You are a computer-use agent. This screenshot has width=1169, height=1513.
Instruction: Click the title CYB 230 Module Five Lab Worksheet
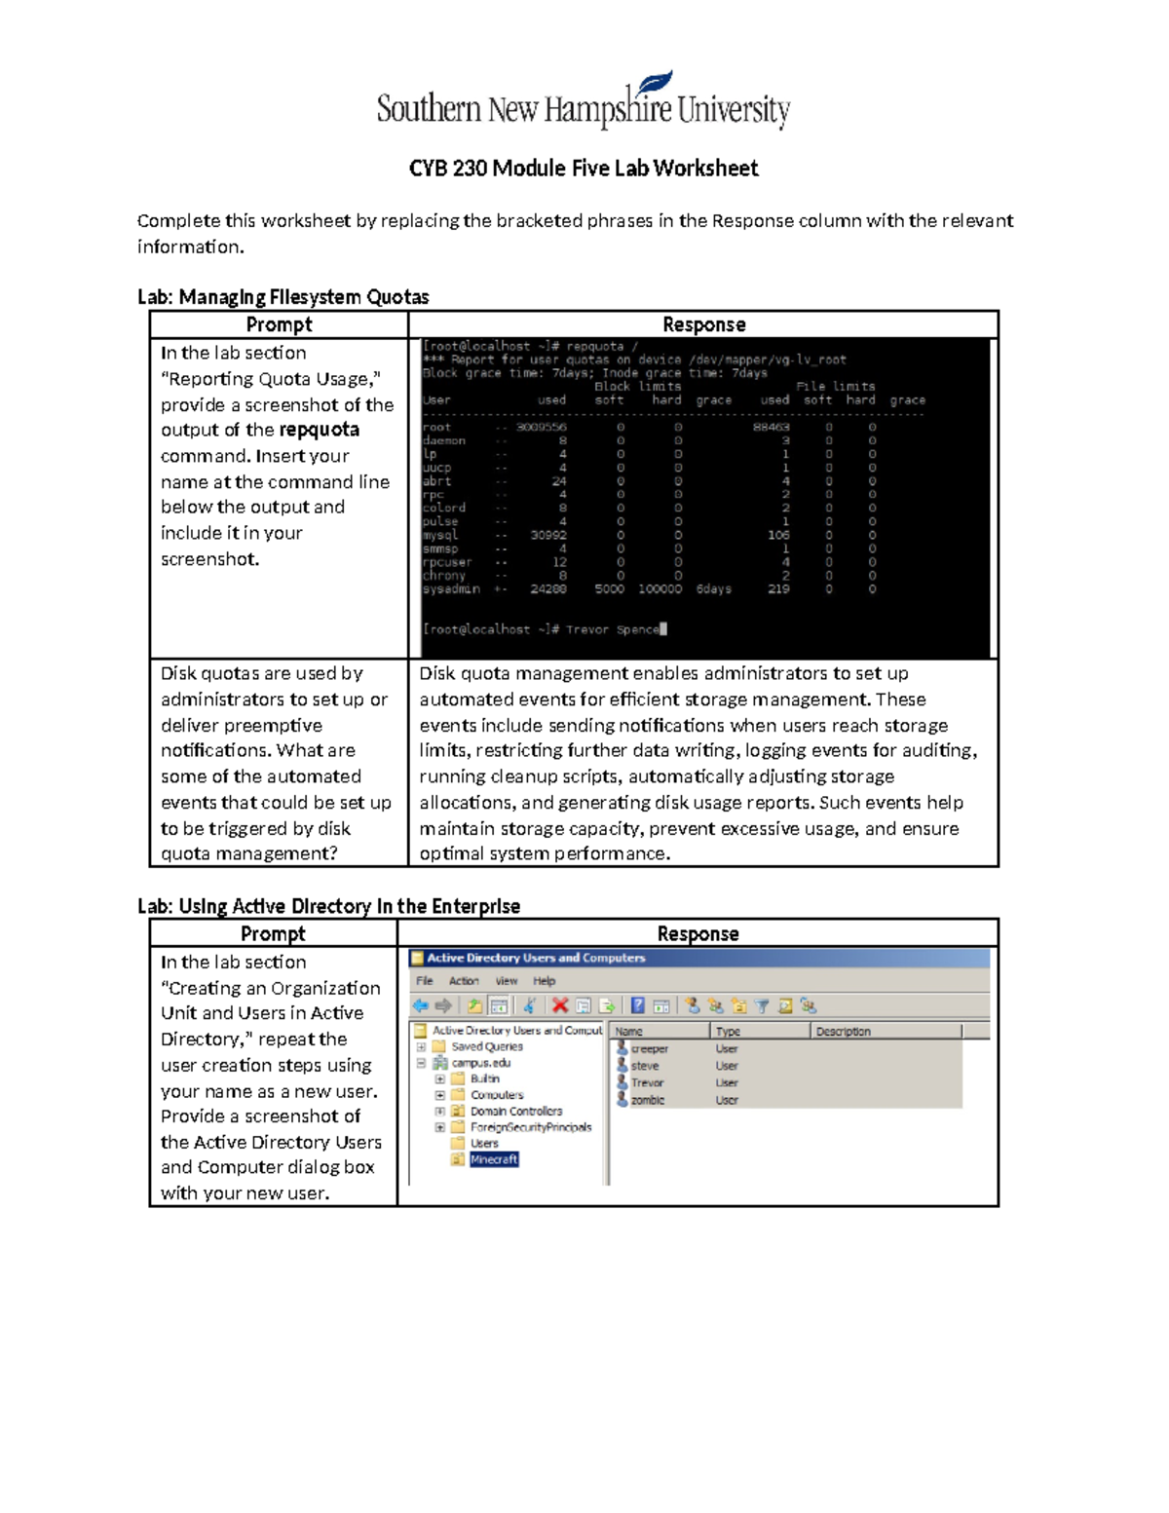tap(583, 169)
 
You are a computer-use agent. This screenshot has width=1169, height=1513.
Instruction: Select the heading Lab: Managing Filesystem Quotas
tap(283, 297)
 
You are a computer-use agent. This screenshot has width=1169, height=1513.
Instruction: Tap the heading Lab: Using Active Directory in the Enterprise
tap(328, 906)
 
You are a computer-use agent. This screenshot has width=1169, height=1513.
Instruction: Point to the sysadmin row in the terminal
tap(451, 589)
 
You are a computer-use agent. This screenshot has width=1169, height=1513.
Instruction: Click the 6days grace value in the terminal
tap(713, 589)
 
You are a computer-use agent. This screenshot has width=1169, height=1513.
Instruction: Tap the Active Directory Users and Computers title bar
tap(536, 958)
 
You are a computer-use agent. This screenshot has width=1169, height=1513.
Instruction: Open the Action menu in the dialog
tap(464, 981)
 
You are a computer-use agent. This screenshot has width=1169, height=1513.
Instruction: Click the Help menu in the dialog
tap(544, 981)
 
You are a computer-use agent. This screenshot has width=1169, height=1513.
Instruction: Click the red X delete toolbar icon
tap(560, 1005)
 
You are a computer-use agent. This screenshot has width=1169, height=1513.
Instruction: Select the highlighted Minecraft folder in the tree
tap(494, 1159)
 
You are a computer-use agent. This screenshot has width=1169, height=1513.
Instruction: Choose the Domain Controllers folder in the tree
tap(515, 1111)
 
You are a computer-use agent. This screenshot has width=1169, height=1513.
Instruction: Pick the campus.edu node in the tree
tap(480, 1063)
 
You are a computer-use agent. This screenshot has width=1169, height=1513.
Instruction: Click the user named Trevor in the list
tap(647, 1082)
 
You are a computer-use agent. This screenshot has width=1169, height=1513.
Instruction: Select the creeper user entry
tap(649, 1049)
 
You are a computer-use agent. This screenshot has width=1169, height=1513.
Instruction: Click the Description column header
tap(844, 1031)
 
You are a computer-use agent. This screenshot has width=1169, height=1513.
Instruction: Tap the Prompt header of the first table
tap(279, 324)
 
